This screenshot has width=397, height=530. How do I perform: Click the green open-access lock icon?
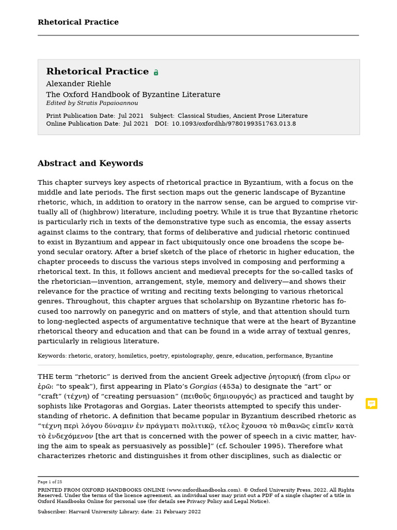click(156, 72)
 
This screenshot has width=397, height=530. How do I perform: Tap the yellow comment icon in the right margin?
click(371, 404)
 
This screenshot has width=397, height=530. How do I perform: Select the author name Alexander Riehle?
click(78, 84)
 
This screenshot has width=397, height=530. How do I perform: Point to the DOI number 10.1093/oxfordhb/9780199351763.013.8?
click(234, 124)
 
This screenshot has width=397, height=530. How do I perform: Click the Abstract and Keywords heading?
click(90, 164)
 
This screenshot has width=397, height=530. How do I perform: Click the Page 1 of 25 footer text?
click(50, 482)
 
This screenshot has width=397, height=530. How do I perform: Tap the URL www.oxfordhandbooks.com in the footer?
click(204, 490)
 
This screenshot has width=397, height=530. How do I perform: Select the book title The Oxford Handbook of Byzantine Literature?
click(133, 95)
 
